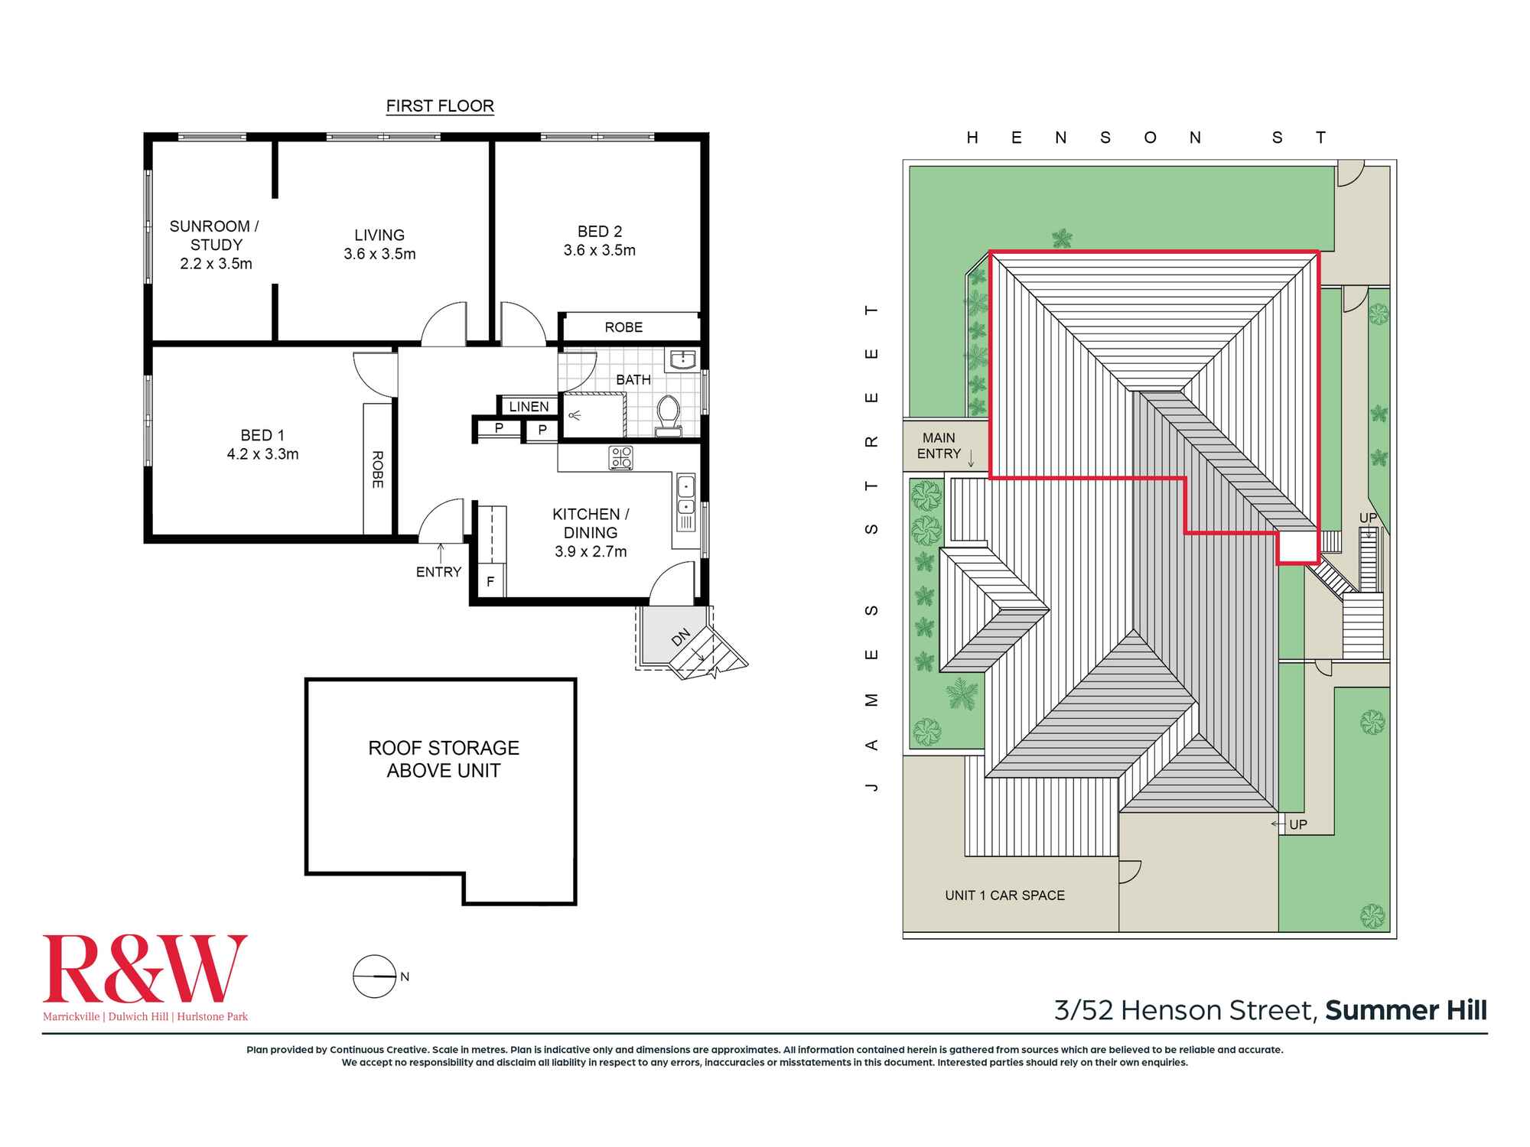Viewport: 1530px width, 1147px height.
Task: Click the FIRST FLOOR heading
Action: point(440,106)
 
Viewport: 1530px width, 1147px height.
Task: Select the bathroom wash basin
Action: point(681,359)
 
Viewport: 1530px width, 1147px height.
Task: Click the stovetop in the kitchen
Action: point(620,458)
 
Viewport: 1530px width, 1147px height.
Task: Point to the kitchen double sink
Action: point(686,496)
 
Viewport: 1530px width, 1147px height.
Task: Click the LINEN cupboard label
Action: point(529,407)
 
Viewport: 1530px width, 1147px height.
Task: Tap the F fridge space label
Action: point(490,582)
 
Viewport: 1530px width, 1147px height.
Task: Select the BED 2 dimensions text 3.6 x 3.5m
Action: point(599,250)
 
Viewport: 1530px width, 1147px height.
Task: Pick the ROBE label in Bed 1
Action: point(377,470)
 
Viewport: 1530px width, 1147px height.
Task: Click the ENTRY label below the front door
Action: point(438,572)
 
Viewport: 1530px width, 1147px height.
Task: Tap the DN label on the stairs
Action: point(681,637)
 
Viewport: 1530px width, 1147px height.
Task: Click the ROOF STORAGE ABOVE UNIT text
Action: point(444,759)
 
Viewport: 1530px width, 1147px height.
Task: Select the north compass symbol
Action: point(374,976)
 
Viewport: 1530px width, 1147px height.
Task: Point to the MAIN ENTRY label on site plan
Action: point(939,446)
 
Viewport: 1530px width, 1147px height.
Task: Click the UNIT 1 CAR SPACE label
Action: point(1004,895)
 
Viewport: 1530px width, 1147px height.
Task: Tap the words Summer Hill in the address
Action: point(1406,1011)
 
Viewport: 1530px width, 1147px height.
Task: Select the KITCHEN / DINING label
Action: point(590,523)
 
